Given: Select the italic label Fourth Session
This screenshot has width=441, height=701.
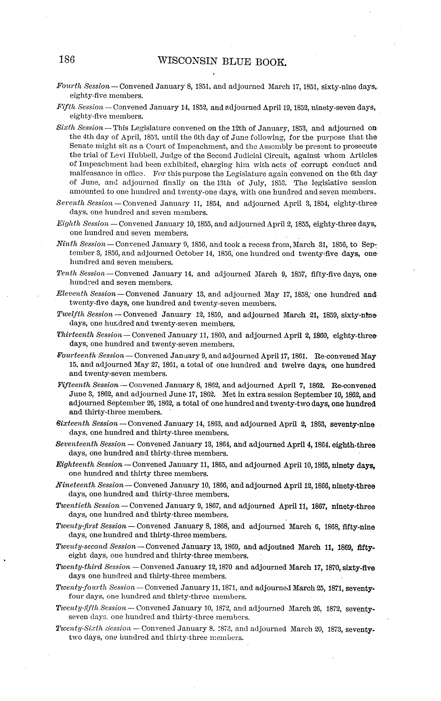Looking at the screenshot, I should (83, 86).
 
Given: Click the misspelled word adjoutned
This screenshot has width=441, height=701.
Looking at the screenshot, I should (276, 547).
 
